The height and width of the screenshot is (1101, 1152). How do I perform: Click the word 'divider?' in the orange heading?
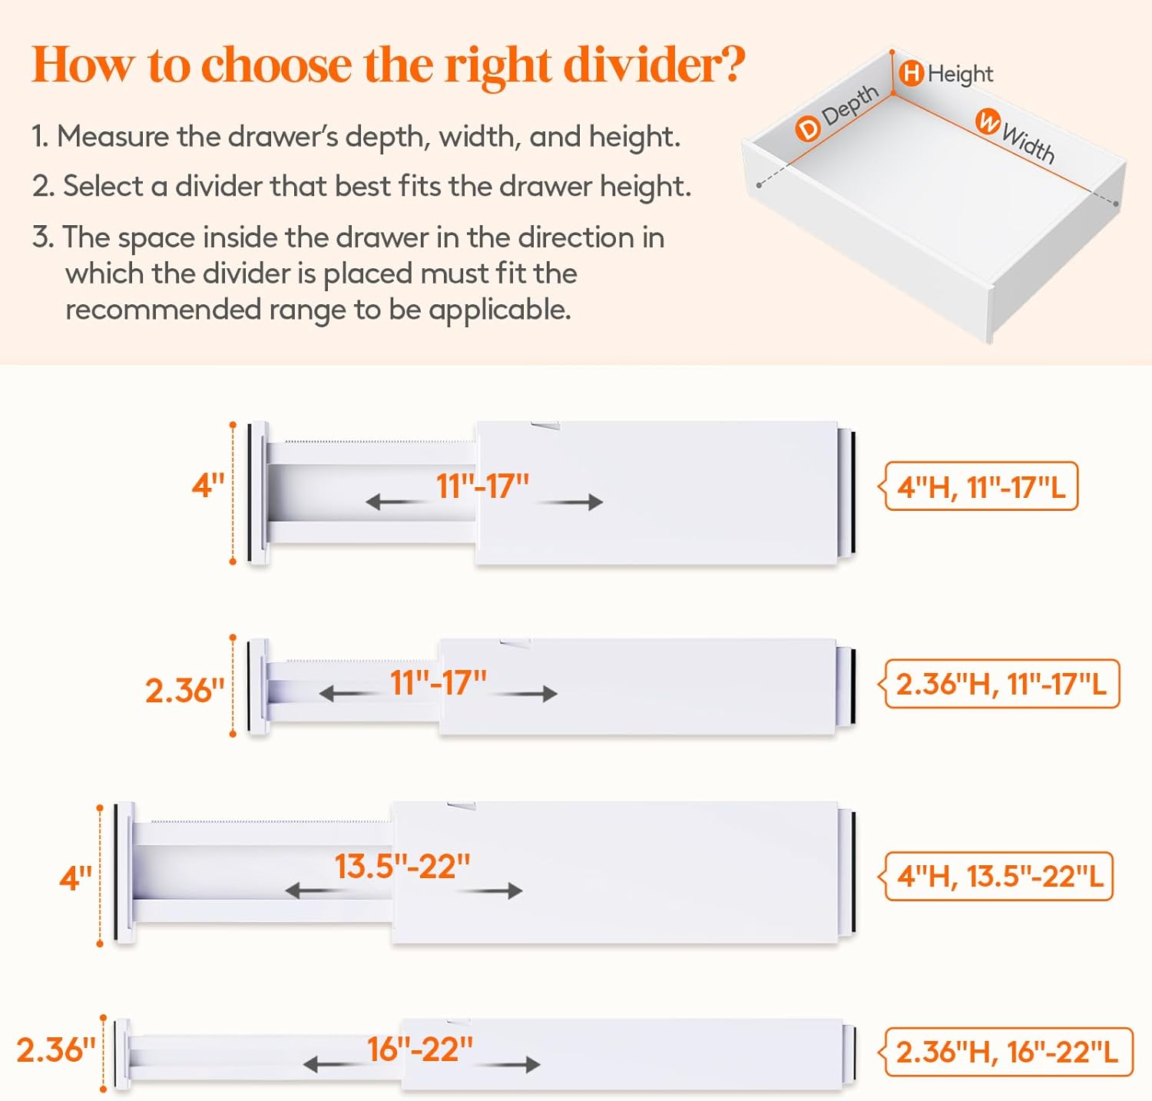(654, 65)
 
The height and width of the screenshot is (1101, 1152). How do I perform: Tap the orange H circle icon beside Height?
(911, 74)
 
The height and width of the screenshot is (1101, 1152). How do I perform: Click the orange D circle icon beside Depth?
(807, 128)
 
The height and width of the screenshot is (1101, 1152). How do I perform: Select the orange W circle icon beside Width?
(988, 121)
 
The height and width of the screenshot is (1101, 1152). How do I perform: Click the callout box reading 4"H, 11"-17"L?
(981, 486)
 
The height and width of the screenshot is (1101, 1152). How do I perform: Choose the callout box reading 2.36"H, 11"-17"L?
(1001, 683)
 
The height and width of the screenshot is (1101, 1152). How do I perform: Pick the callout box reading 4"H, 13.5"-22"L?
(999, 876)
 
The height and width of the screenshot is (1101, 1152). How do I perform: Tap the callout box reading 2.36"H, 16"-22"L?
(1007, 1052)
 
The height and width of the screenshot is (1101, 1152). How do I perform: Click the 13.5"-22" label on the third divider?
(402, 867)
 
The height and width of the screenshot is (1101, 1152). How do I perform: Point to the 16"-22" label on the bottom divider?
(419, 1049)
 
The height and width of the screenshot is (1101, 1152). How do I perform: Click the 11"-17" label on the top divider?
(482, 486)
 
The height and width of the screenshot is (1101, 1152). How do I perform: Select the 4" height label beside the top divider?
(207, 486)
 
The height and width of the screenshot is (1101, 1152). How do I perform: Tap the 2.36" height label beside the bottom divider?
(56, 1050)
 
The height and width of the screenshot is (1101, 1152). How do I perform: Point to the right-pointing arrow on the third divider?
(492, 891)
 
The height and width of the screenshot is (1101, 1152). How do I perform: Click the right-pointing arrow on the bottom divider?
(510, 1065)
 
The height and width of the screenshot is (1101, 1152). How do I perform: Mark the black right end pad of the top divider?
(852, 492)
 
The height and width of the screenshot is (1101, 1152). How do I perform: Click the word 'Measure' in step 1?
(113, 137)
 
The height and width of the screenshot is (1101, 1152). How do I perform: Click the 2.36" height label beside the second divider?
(184, 690)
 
